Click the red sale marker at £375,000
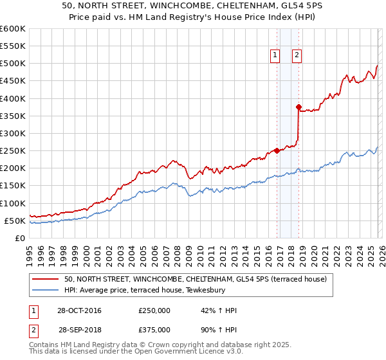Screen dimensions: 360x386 click(299, 107)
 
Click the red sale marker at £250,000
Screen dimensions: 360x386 click(277, 150)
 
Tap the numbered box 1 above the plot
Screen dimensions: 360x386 click(275, 55)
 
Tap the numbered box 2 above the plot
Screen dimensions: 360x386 click(297, 55)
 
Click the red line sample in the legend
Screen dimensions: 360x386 click(47, 279)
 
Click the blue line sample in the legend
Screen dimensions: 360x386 click(47, 290)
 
